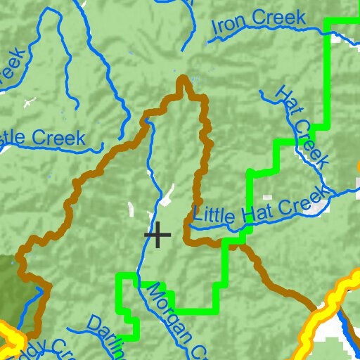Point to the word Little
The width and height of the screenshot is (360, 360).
click(217, 212)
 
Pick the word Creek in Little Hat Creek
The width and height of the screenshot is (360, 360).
click(303, 200)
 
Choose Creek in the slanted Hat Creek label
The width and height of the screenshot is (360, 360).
click(311, 145)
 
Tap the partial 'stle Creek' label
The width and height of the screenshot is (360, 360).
click(42, 138)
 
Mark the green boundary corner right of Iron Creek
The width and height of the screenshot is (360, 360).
click(328, 22)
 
